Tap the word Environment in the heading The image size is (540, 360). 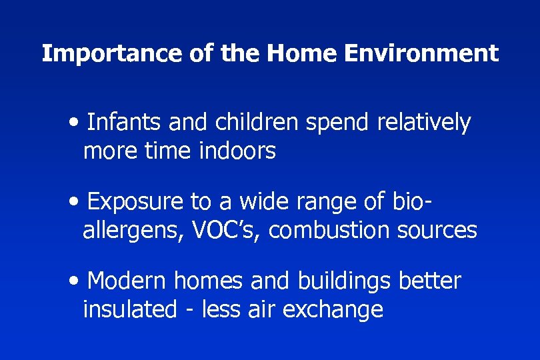pos(421,53)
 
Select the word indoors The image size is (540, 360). pos(237,151)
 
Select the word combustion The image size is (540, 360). pos(329,230)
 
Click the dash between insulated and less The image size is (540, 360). pos(192,311)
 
